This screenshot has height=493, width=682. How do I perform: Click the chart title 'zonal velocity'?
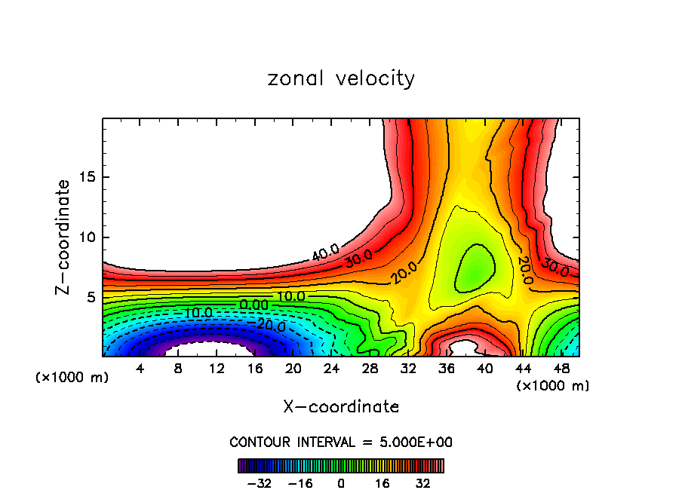(x=341, y=78)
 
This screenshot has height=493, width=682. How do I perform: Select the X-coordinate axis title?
(x=341, y=407)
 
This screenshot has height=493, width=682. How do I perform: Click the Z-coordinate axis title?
(x=63, y=237)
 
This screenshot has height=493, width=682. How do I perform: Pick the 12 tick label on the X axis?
(x=217, y=369)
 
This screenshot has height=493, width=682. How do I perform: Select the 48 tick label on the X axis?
(x=561, y=369)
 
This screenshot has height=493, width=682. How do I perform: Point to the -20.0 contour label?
(x=270, y=326)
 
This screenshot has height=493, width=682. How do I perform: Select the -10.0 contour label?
(x=197, y=313)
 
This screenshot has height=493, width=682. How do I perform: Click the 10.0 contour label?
(x=290, y=297)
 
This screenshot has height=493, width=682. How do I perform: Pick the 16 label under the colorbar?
(x=381, y=482)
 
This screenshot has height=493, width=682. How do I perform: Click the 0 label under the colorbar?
(x=341, y=482)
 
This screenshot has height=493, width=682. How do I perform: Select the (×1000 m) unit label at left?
(x=72, y=378)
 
